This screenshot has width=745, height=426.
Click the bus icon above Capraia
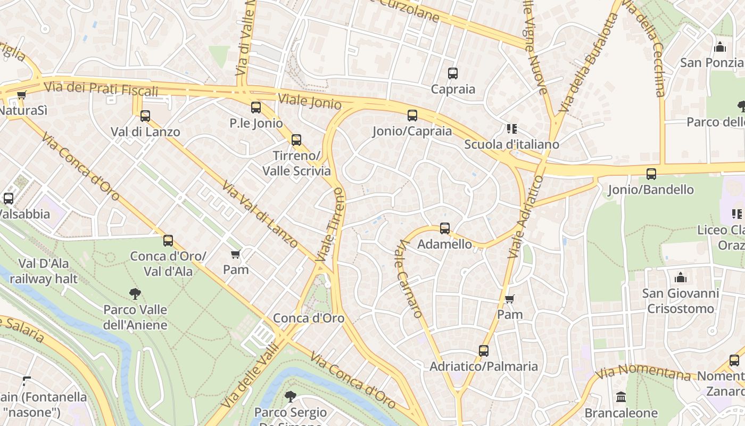point(452,73)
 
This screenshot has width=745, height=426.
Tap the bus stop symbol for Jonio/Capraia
point(412,116)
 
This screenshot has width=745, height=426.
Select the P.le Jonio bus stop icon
point(256,108)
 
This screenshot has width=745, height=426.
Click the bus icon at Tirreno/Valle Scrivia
point(296,140)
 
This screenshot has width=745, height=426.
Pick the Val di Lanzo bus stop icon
point(145,116)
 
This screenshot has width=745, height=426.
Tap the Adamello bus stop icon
point(445,228)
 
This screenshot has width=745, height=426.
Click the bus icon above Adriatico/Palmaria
point(483,351)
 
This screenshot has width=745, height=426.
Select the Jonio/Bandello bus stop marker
point(651,174)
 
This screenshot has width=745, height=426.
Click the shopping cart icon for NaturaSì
point(21,95)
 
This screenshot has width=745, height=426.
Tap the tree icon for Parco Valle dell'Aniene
point(135,293)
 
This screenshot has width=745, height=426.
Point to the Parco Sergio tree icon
point(290,396)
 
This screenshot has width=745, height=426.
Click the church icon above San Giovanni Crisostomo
point(680,277)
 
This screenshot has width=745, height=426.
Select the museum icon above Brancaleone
point(620,397)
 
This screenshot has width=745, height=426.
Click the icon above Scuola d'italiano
point(512,129)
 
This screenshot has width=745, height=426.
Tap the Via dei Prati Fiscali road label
point(101,88)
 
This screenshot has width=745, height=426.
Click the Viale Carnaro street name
point(410,278)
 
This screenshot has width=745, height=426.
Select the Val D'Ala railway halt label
point(44,271)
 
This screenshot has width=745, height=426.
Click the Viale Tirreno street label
point(330,224)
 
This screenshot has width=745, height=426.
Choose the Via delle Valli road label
point(249,376)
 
